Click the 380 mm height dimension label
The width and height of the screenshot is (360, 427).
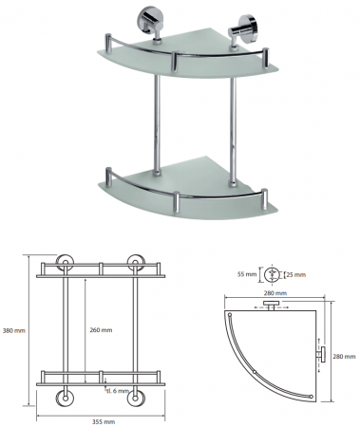click(x=13, y=331)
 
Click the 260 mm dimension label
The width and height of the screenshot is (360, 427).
click(x=101, y=330)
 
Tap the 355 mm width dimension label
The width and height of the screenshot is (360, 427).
click(x=104, y=421)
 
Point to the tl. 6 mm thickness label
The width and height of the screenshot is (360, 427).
click(x=117, y=391)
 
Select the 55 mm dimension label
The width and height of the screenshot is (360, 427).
click(x=247, y=274)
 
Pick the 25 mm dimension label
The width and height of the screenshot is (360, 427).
click(x=296, y=274)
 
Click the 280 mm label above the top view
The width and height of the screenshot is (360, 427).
click(x=275, y=293)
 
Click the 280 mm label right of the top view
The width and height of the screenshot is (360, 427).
click(x=344, y=357)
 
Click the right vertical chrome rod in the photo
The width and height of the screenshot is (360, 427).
click(x=233, y=130)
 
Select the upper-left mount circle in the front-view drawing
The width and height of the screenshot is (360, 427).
click(x=65, y=263)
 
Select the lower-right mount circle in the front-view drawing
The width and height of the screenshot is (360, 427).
click(x=136, y=398)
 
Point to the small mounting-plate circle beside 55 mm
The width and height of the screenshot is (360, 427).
click(x=272, y=274)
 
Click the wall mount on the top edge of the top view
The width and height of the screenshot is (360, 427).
click(x=271, y=306)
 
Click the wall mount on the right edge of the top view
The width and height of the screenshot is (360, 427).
click(x=322, y=354)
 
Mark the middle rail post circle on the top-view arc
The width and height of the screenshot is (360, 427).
click(x=255, y=371)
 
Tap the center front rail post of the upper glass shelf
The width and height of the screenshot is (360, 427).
click(x=175, y=60)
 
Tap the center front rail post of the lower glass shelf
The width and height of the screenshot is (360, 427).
click(x=177, y=201)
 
